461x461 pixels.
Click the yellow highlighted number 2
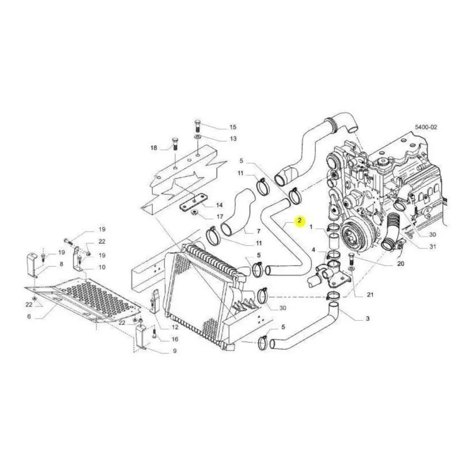click(300, 220)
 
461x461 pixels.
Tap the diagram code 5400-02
click(426, 127)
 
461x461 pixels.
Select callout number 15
click(233, 127)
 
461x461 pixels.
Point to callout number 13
click(233, 138)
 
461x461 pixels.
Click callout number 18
click(154, 148)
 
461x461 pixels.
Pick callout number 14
click(219, 205)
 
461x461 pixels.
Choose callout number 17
click(219, 217)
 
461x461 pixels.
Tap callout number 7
click(259, 231)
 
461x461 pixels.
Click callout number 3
click(367, 319)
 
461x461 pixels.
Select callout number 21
click(370, 295)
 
